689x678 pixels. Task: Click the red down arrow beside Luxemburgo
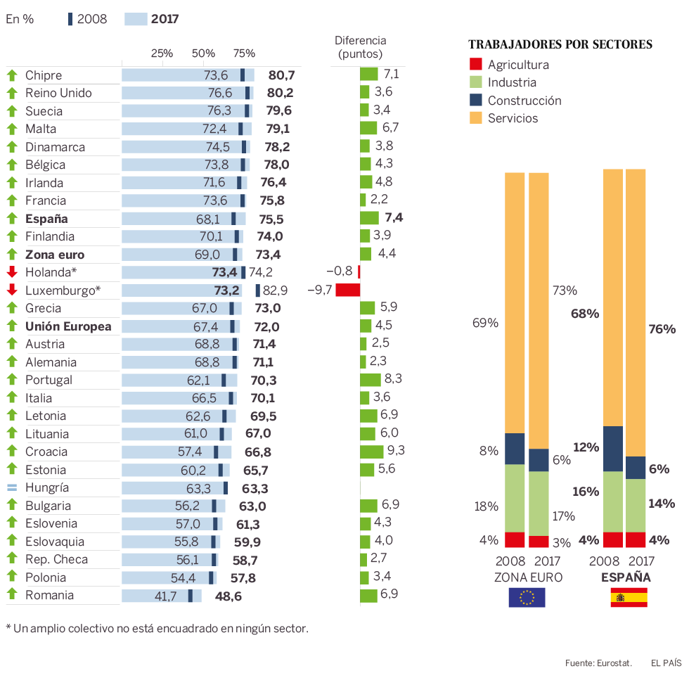point(11,290)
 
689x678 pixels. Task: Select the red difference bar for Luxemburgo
point(347,290)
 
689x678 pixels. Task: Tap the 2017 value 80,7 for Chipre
point(281,75)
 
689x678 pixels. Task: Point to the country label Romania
point(49,595)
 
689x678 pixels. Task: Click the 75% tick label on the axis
point(244,53)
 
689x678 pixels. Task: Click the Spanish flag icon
point(629,598)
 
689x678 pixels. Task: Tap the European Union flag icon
point(527,598)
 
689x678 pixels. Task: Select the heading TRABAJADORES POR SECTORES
point(560,44)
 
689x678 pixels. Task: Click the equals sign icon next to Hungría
point(11,487)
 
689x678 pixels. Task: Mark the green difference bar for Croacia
point(372,452)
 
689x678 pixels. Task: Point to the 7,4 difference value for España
point(394,217)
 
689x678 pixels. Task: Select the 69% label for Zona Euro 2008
point(485,323)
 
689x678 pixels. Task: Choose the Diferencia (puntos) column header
point(360,46)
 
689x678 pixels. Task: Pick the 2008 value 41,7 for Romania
point(166,596)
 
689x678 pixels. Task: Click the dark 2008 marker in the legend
point(70,19)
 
